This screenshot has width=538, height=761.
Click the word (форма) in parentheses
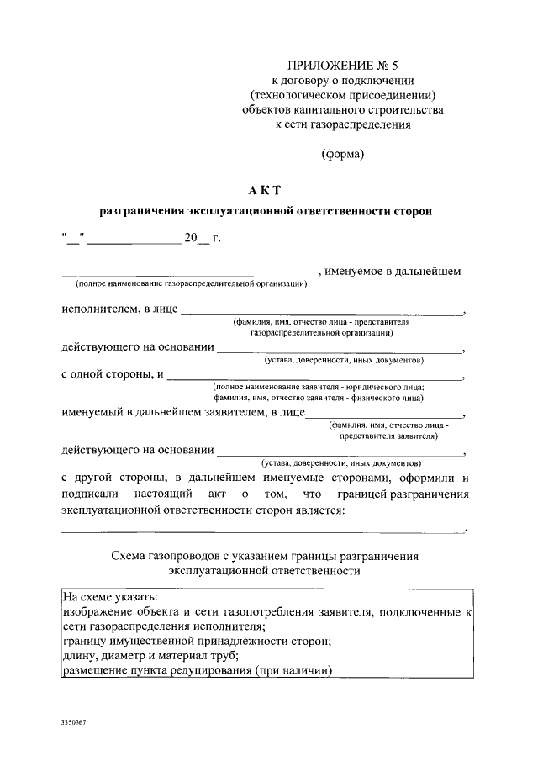click(342, 154)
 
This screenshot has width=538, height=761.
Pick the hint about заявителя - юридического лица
click(318, 386)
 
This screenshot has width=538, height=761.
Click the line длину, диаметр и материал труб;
click(150, 655)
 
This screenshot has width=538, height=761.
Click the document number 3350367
click(74, 722)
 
